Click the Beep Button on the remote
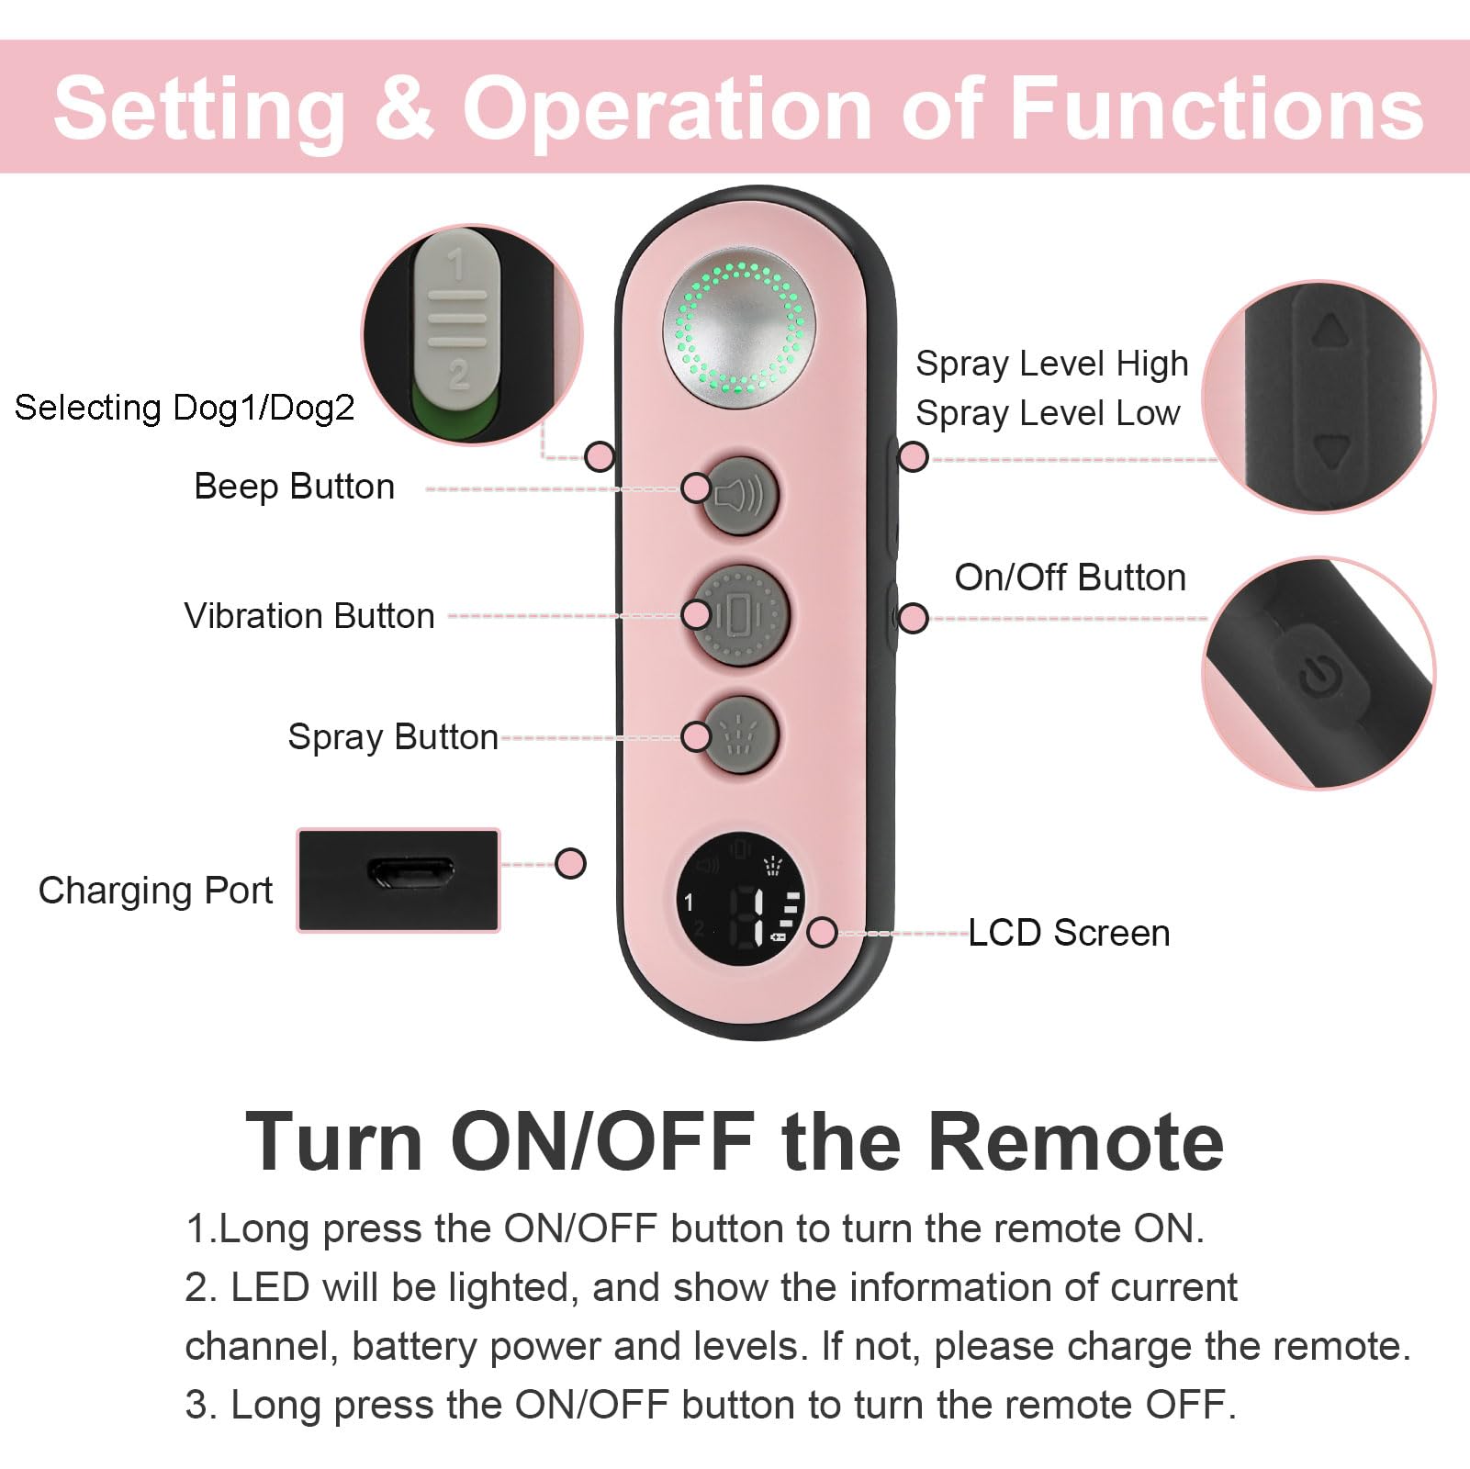point(739,496)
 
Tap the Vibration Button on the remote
point(739,614)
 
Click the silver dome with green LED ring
point(739,328)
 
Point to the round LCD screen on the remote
point(740,900)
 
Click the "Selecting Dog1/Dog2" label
point(185,407)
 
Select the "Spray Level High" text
point(1052,364)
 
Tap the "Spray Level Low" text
point(1048,413)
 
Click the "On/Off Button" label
point(1071,578)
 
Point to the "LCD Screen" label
point(1070,933)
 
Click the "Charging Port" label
point(155,891)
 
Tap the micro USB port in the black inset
point(410,872)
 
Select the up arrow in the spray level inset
point(1329,331)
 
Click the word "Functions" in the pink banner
point(1217,108)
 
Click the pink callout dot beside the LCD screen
point(822,932)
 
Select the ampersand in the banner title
point(404,107)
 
